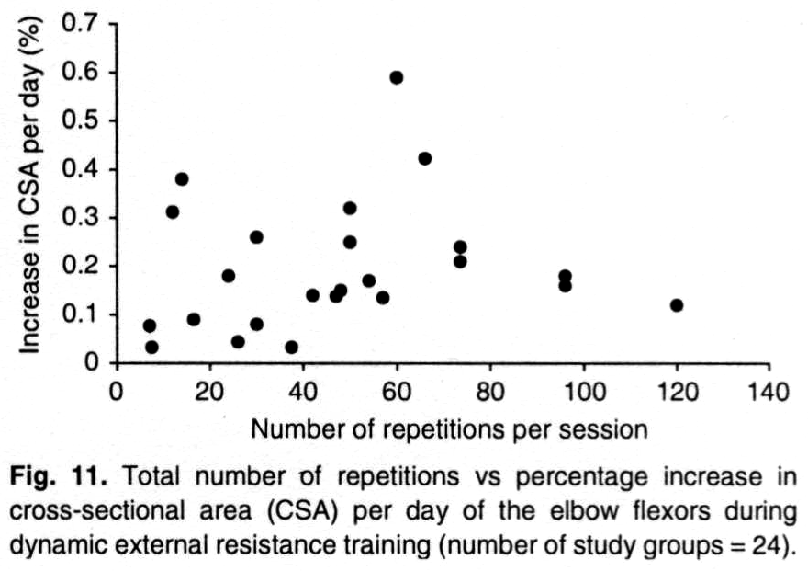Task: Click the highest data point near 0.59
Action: coord(397,77)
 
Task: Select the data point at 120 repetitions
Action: coord(677,305)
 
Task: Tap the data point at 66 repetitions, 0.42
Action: coord(424,158)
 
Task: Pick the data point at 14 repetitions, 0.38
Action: coord(182,178)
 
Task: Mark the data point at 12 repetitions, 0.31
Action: coord(172,211)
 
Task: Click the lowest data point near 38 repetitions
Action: coord(291,347)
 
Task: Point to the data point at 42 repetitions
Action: coord(312,295)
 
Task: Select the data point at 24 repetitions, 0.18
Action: coord(229,276)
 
